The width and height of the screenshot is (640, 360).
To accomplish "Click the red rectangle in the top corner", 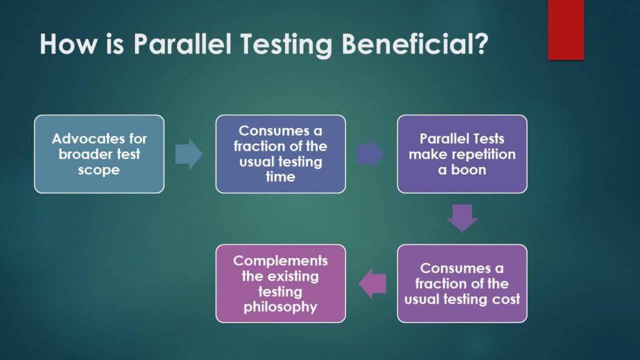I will (566, 29).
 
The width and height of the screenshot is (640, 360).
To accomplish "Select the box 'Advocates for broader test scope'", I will (99, 154).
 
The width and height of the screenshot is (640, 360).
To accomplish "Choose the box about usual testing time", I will (280, 154).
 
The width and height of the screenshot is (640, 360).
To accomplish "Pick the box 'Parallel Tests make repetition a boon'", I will (462, 154).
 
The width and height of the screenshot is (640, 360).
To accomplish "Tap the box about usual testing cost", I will (462, 283).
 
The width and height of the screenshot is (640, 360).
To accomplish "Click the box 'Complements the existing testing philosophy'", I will (280, 283).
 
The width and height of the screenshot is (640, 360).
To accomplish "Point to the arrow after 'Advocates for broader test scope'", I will (189, 154).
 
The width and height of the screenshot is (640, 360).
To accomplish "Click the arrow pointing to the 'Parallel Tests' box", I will (370, 154).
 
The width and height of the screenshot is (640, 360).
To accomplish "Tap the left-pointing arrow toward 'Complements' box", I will (373, 283).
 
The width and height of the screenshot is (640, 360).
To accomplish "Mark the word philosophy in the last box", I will (280, 306).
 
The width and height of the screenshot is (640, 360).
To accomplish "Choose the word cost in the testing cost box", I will (506, 299).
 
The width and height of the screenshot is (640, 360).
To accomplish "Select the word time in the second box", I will (280, 177).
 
